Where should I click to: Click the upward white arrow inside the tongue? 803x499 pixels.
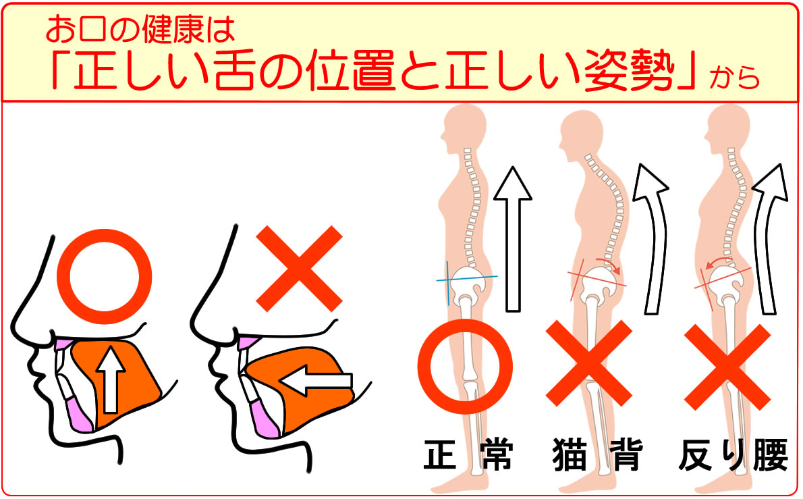click(110, 379)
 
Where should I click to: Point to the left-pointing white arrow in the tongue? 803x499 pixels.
click(316, 380)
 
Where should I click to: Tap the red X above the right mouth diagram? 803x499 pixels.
click(299, 269)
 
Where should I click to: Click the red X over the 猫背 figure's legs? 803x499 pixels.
click(589, 363)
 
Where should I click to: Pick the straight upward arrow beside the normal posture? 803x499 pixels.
click(513, 239)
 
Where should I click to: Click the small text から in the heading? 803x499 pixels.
click(734, 78)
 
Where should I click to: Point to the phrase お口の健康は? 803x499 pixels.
click(140, 29)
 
